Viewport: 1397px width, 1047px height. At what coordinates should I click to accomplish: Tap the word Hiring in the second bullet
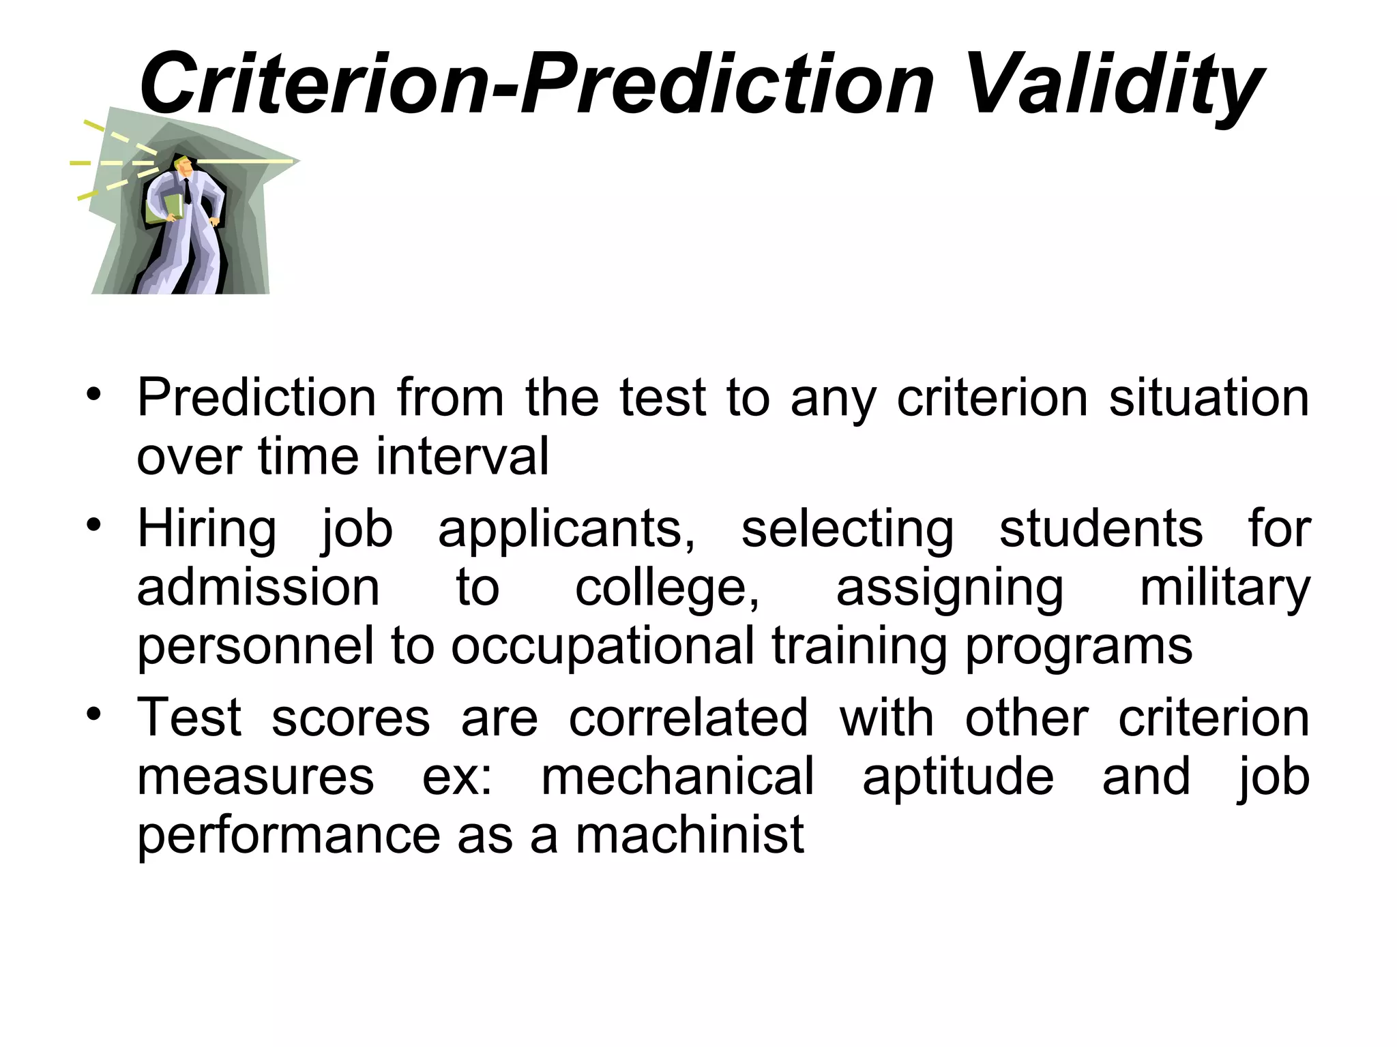pyautogui.click(x=207, y=529)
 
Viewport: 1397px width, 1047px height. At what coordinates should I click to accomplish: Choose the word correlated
pyautogui.click(x=688, y=718)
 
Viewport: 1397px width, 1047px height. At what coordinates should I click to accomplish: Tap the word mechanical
pyautogui.click(x=677, y=776)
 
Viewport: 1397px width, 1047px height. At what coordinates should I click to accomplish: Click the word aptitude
pyautogui.click(x=958, y=776)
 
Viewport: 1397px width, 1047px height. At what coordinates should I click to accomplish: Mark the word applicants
pyautogui.click(x=566, y=529)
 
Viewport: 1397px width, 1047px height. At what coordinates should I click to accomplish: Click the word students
pyautogui.click(x=1101, y=529)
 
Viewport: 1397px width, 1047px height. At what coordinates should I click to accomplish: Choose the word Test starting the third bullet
pyautogui.click(x=189, y=718)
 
